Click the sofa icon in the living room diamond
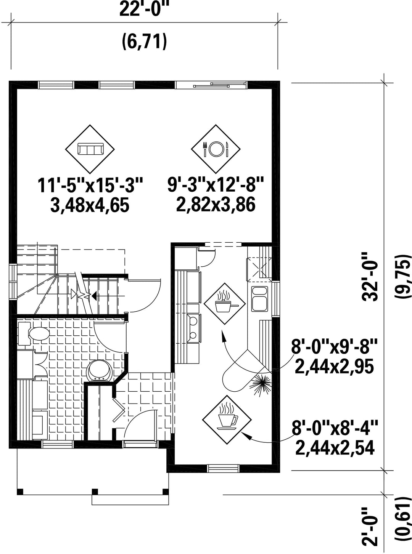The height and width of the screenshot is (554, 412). tap(90, 149)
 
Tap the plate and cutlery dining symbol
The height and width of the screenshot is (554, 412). tap(216, 149)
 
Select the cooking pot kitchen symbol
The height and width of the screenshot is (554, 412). tap(224, 304)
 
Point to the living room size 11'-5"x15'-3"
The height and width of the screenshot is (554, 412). tap(90, 185)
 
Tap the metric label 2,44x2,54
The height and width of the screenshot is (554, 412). tap(335, 447)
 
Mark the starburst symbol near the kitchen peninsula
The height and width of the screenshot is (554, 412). tap(261, 388)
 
